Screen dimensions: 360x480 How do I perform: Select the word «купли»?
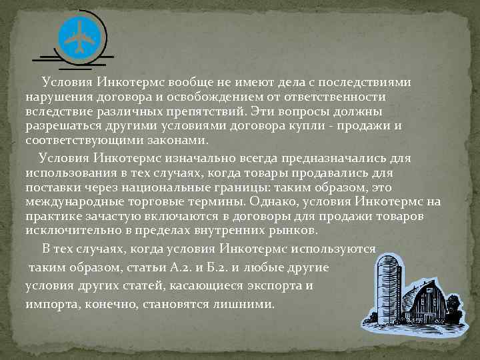321,126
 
